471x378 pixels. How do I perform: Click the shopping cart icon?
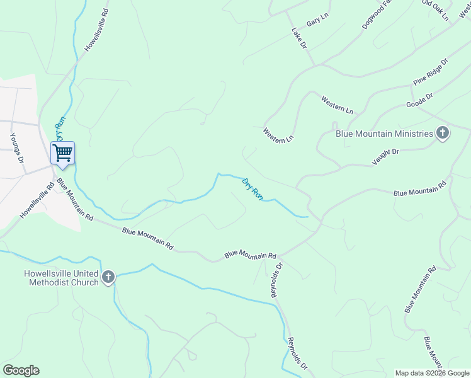pyautogui.click(x=62, y=152)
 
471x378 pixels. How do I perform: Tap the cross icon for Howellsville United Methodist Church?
pyautogui.click(x=108, y=277)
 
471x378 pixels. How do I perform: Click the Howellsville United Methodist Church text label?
pyautogui.click(x=61, y=278)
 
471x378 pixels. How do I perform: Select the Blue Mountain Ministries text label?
pyautogui.click(x=384, y=134)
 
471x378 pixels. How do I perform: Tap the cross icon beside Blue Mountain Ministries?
pyautogui.click(x=443, y=133)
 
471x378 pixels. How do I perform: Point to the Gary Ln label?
pyautogui.click(x=317, y=21)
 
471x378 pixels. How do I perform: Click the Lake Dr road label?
pyautogui.click(x=299, y=38)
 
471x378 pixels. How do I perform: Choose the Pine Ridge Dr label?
pyautogui.click(x=430, y=72)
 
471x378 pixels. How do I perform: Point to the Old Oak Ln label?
pyautogui.click(x=436, y=10)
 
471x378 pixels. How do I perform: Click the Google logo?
pyautogui.click(x=21, y=370)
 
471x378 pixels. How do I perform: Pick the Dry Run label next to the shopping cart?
pyautogui.click(x=60, y=128)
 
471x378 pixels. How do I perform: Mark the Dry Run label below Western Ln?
pyautogui.click(x=253, y=189)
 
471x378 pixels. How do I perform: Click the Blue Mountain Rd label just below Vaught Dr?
pyautogui.click(x=420, y=190)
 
